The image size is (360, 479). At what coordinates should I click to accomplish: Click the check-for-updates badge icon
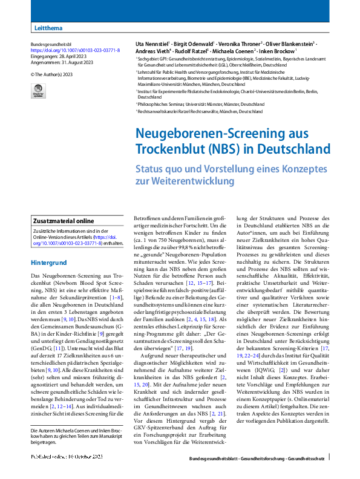38,91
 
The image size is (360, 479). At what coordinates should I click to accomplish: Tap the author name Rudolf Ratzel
189,51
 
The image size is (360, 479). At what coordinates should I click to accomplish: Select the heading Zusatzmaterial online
64,221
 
